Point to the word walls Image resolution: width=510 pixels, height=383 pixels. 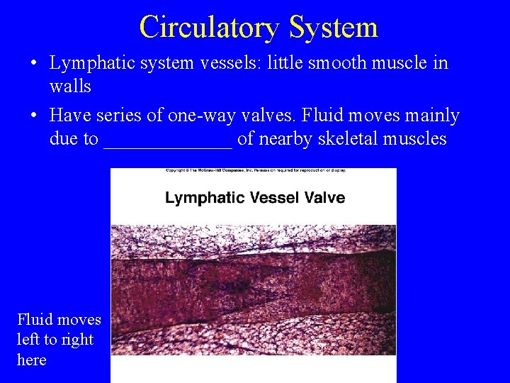coord(70,87)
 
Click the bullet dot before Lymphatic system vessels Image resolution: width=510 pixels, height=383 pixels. coord(34,64)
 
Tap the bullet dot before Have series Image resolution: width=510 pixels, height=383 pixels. coord(34,116)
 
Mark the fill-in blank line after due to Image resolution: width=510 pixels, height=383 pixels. coord(168,145)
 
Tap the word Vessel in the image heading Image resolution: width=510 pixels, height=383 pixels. coord(274,197)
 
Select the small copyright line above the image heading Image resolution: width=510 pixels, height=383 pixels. coord(254,171)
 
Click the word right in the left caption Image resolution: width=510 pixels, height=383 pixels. coord(77,340)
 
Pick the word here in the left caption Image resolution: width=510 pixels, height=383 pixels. coord(31,360)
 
